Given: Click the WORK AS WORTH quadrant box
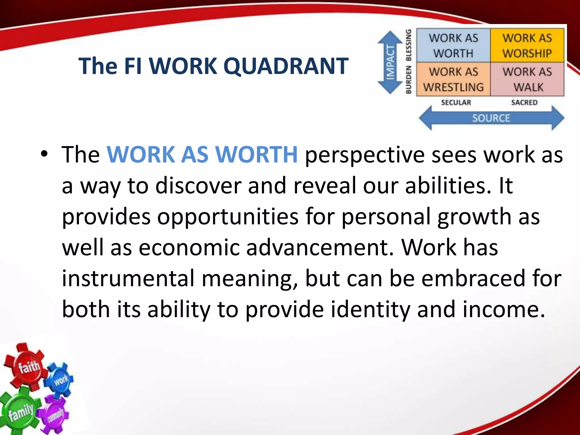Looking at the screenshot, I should [x=453, y=45].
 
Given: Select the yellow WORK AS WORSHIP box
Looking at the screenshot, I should [x=527, y=45].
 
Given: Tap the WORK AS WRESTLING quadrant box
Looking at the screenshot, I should [x=453, y=79].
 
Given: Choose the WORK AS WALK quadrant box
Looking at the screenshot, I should [x=527, y=79].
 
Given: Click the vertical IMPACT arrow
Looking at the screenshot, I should [x=390, y=62].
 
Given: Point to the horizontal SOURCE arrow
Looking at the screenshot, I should [x=491, y=118].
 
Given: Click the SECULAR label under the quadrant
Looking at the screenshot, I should [x=456, y=103].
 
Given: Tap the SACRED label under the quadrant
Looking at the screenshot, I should [x=524, y=103].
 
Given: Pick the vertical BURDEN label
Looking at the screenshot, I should [x=408, y=80].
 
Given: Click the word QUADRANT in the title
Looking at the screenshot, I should [x=286, y=66].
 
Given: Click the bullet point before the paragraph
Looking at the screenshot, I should [x=44, y=154].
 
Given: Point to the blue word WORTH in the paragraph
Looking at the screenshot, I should [x=256, y=155].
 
